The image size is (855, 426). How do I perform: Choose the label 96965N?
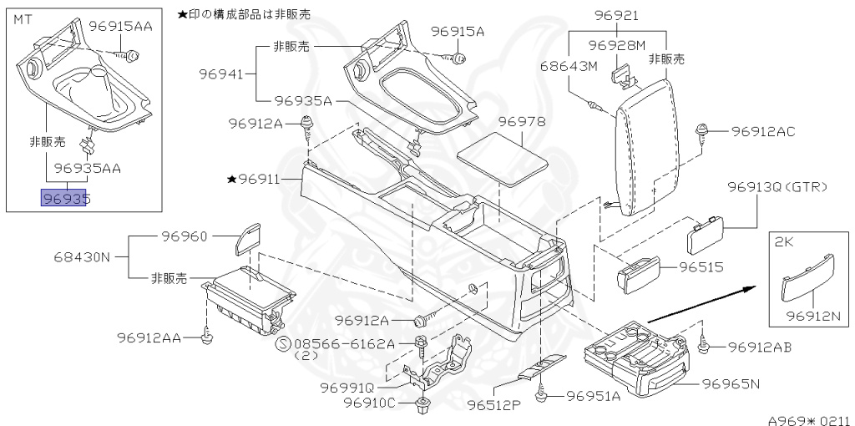coord(730,384)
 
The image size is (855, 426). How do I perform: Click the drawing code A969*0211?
coord(808,419)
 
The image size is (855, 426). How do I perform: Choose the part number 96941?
coord(220,74)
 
